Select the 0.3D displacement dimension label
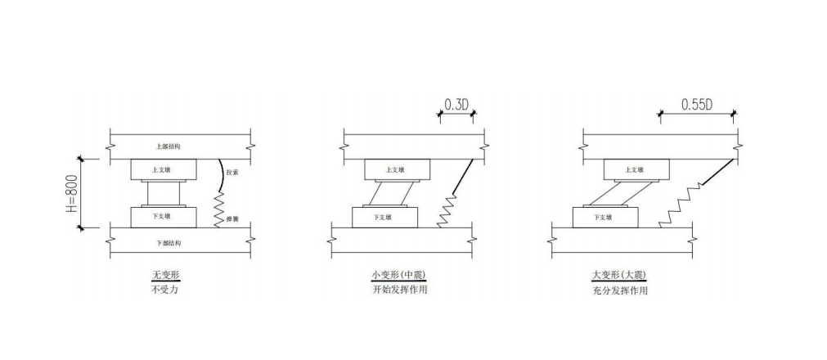click(x=456, y=104)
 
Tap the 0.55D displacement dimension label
click(x=696, y=104)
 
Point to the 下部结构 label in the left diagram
click(x=168, y=243)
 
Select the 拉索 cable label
click(x=235, y=173)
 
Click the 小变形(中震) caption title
click(x=398, y=276)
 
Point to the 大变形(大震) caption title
click(x=619, y=276)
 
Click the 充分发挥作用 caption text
click(x=619, y=290)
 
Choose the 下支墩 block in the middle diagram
click(x=384, y=218)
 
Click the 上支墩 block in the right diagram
click(x=636, y=169)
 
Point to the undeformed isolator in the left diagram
click(x=164, y=193)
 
